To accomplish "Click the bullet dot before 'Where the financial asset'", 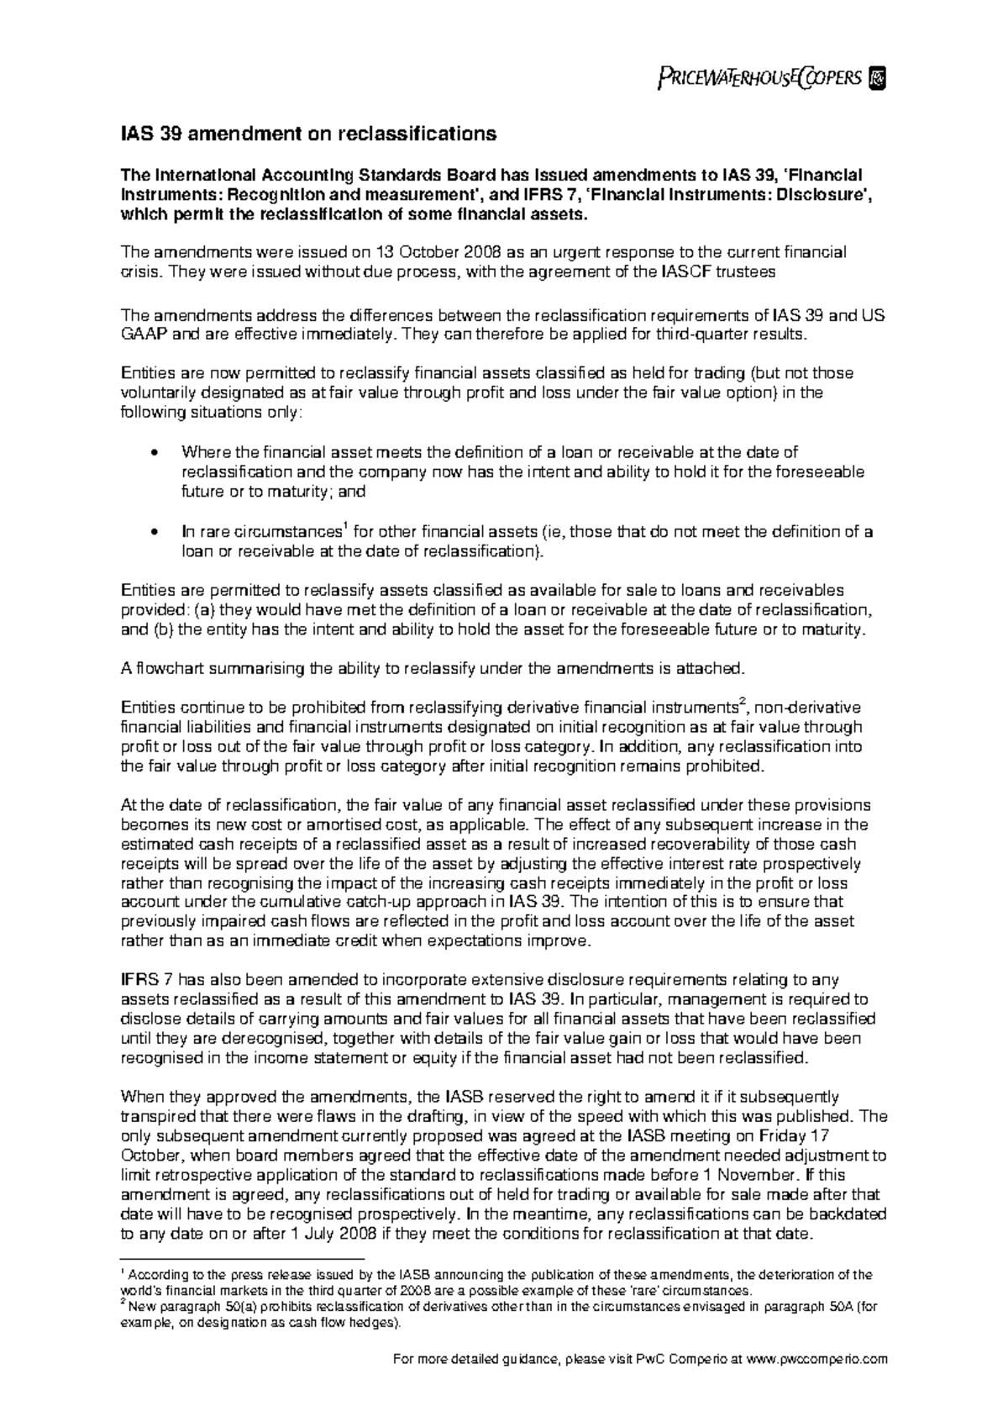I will coord(152,453).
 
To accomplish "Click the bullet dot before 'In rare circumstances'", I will coord(152,533).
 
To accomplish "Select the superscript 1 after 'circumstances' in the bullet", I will coord(345,527).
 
